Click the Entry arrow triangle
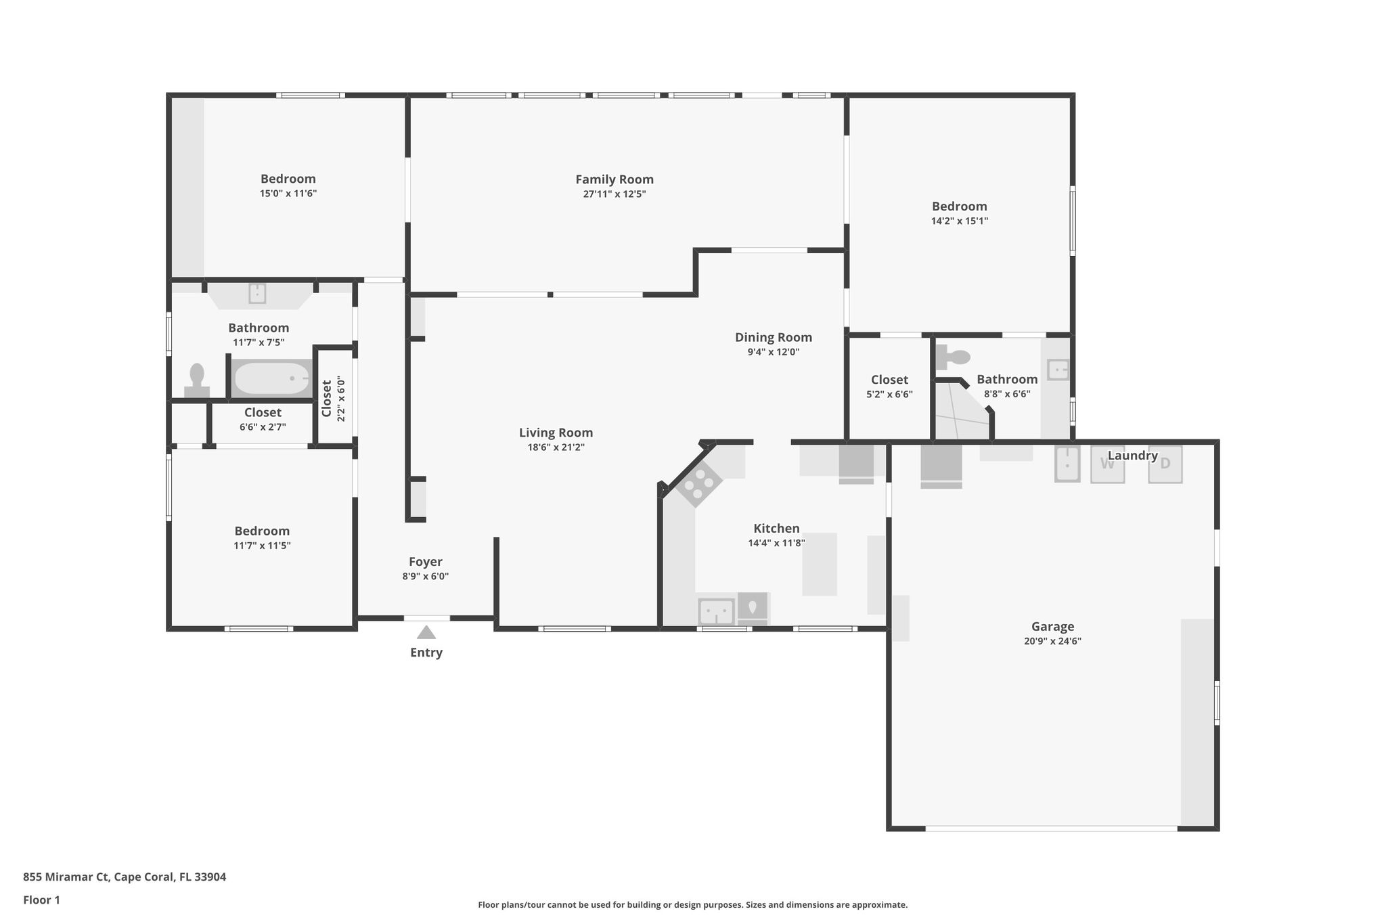tap(426, 633)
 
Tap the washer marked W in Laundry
tap(1107, 464)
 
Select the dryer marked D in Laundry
tap(1165, 464)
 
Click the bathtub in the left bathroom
tap(271, 378)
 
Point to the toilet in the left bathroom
tap(197, 380)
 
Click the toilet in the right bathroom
tap(953, 357)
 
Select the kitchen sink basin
tap(716, 612)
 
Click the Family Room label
tap(614, 179)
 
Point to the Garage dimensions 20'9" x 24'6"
tap(1052, 641)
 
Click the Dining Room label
tap(774, 337)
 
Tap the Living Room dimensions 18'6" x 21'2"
tap(556, 447)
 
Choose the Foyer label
tap(426, 562)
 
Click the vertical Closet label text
tap(327, 399)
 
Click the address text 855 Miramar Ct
tap(66, 877)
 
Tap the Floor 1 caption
tap(41, 900)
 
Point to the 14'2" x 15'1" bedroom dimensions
tap(960, 221)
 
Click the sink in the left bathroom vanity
tap(257, 293)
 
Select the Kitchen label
tap(776, 529)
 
